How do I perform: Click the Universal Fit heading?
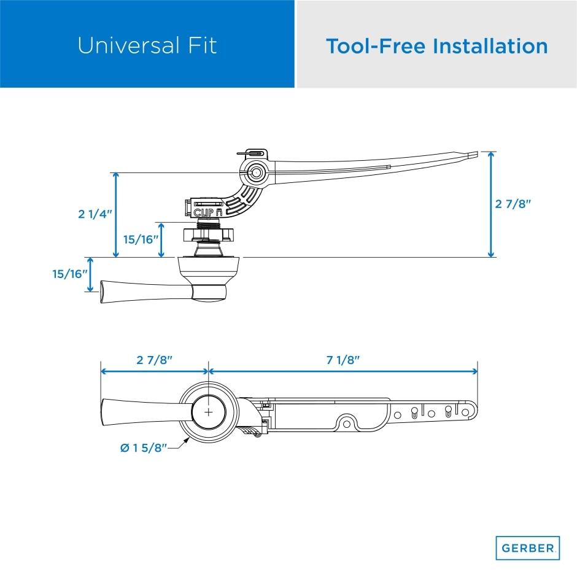click(x=147, y=45)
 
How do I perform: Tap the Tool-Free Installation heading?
click(x=436, y=45)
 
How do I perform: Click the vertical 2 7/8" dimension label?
click(x=513, y=204)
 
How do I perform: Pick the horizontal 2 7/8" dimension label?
click(x=154, y=360)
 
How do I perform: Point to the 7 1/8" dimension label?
click(x=343, y=360)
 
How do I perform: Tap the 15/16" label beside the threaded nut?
click(x=141, y=239)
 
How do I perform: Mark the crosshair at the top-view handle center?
click(x=209, y=411)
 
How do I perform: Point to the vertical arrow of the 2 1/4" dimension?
click(x=115, y=214)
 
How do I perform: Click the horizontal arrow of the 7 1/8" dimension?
click(x=343, y=371)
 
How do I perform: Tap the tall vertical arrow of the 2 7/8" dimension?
click(x=490, y=204)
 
